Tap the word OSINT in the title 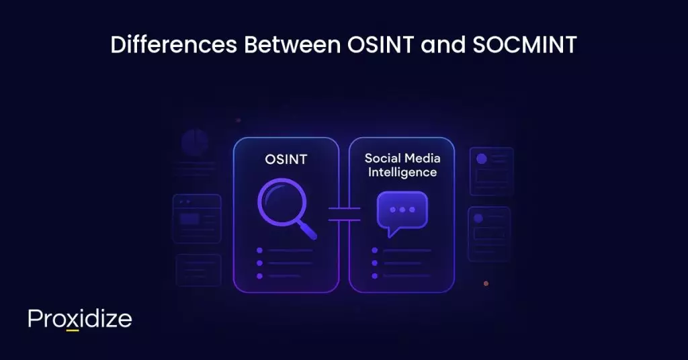374,45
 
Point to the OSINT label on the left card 285,161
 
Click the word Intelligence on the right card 401,173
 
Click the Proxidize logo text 80,319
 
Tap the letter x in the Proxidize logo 73,320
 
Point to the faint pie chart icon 195,143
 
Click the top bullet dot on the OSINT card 259,251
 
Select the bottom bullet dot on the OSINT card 259,275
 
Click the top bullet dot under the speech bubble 375,251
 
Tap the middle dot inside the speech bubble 402,210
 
